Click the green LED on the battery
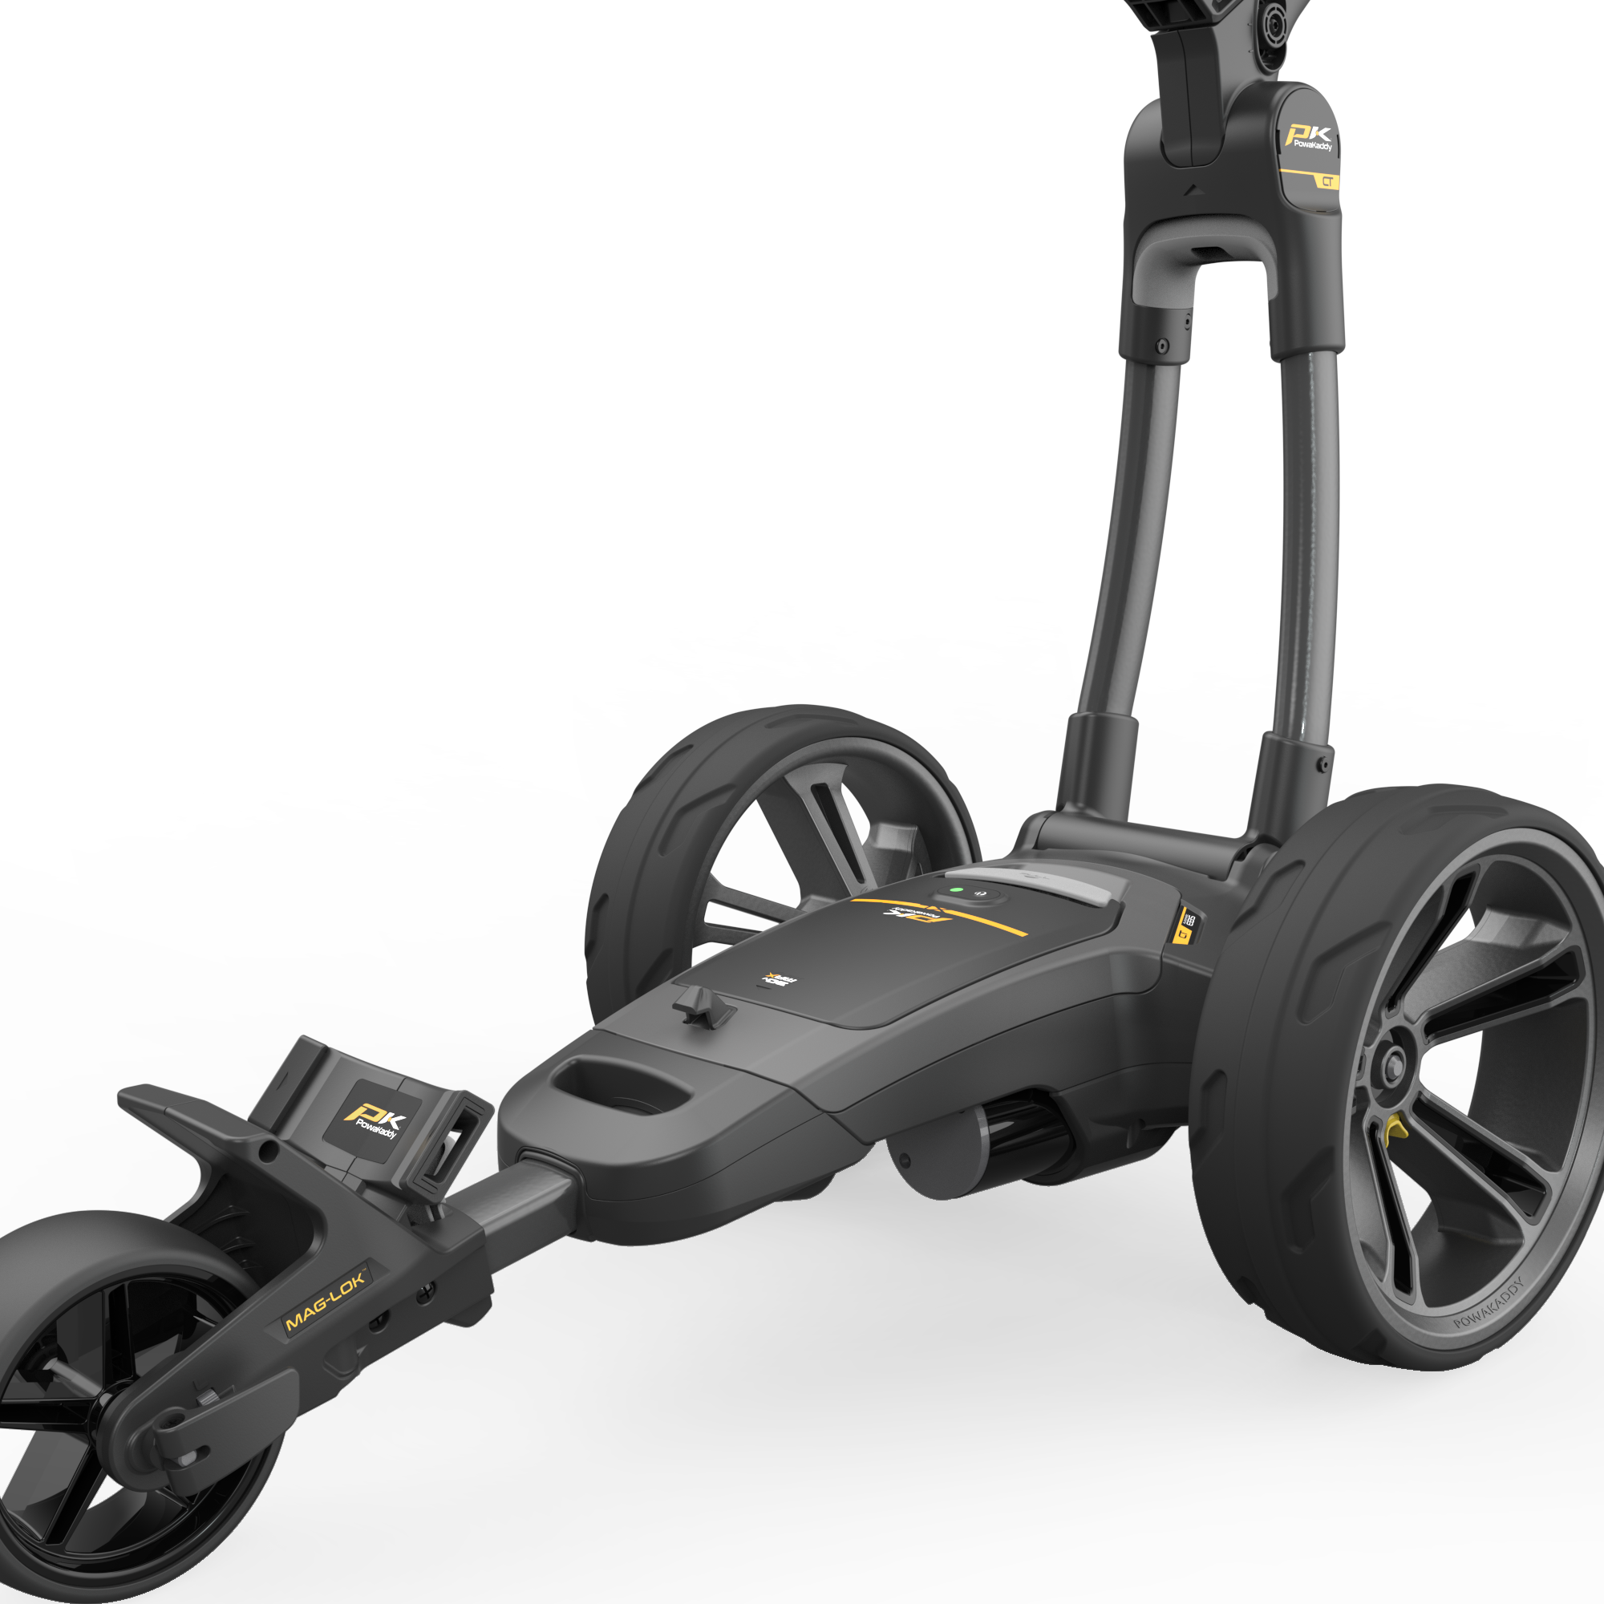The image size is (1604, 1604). click(956, 890)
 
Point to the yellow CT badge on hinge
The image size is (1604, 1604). click(1327, 181)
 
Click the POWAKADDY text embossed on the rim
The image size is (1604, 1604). click(1490, 1304)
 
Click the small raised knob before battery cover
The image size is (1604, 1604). click(702, 1006)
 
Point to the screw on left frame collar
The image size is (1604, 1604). click(1162, 346)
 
